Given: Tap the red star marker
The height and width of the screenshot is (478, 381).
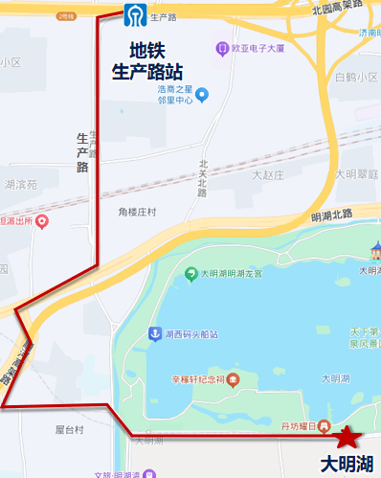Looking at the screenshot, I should tap(349, 437).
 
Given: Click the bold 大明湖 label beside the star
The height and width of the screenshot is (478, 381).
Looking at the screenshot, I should tap(349, 465).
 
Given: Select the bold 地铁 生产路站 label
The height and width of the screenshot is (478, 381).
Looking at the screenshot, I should tap(147, 60).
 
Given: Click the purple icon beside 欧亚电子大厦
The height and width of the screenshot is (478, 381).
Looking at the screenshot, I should tap(222, 48).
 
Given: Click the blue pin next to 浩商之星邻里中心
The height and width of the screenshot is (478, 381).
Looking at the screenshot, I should tap(202, 93).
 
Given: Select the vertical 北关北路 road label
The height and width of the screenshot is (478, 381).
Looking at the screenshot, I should tap(202, 178).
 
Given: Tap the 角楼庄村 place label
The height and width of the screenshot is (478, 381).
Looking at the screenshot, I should tap(137, 212).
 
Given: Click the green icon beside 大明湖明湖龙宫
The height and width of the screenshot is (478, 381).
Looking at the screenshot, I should tap(190, 273).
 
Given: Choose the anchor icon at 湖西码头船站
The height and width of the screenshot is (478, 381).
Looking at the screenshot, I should tap(152, 333).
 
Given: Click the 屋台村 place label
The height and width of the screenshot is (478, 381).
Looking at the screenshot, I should tap(70, 430).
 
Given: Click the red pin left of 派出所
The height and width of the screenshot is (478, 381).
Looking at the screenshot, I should tap(41, 221).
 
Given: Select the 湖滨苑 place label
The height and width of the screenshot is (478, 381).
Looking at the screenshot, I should tap(19, 184).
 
